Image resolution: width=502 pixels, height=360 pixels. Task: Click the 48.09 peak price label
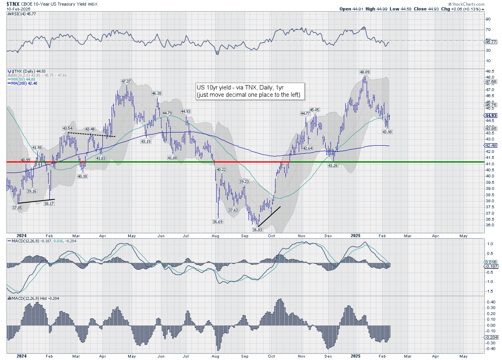click(364, 72)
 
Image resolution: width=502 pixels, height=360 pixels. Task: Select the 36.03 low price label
click(257, 229)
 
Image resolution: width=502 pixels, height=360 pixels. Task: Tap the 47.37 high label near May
click(126, 81)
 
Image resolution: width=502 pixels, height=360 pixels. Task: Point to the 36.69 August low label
click(218, 221)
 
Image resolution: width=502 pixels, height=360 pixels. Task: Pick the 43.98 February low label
click(387, 132)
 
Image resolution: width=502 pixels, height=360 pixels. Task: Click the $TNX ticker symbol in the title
click(14, 3)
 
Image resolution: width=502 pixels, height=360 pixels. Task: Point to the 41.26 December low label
click(333, 165)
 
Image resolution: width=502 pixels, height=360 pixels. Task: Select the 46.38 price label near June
click(157, 93)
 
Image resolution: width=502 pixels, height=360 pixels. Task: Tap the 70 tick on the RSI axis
click(488, 29)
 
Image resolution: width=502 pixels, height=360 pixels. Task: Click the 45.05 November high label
click(314, 110)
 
